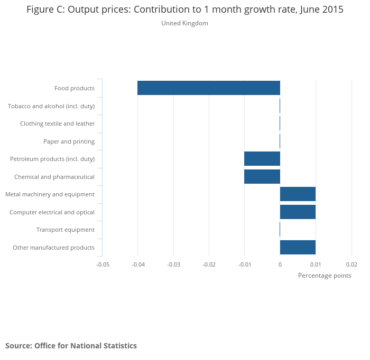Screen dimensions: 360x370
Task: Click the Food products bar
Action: [x=209, y=88]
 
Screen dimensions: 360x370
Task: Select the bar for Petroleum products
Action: [x=262, y=159]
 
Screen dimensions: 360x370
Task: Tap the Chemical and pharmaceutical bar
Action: [x=262, y=177]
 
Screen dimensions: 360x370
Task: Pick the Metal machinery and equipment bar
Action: [x=298, y=194]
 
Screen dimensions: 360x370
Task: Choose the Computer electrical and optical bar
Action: [x=298, y=212]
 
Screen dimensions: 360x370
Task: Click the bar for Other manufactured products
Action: [x=298, y=248]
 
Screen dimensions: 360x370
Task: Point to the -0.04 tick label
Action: [x=137, y=264]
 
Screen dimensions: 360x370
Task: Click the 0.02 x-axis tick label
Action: [x=351, y=264]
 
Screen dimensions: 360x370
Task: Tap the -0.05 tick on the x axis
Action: [x=102, y=264]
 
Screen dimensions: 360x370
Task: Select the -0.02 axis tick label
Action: [x=209, y=264]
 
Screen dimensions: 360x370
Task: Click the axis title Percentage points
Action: [x=325, y=276]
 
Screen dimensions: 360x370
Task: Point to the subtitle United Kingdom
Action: [x=184, y=23]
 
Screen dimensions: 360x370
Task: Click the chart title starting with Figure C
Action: [x=184, y=10]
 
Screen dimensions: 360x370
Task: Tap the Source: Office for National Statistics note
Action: [x=71, y=346]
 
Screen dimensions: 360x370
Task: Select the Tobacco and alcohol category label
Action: [x=51, y=106]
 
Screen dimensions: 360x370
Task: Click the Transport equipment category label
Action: [x=66, y=230]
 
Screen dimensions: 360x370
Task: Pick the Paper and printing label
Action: [x=69, y=141]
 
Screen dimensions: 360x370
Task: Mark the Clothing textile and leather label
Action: [x=58, y=124]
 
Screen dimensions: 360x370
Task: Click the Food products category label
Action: [x=75, y=88]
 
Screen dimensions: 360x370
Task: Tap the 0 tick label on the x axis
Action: [x=280, y=264]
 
